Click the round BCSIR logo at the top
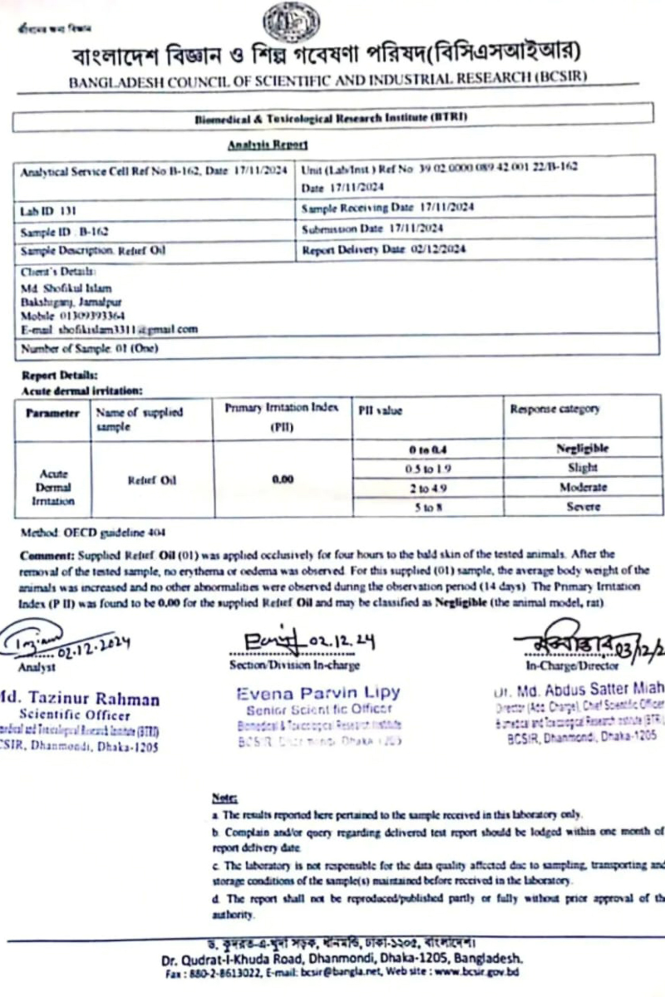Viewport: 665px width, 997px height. pyautogui.click(x=291, y=22)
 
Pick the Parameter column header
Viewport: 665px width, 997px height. pyautogui.click(x=52, y=413)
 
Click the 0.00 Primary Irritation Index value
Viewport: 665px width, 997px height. pyautogui.click(x=283, y=480)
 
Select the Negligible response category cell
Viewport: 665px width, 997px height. pyautogui.click(x=582, y=449)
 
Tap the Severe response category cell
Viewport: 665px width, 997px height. pyautogui.click(x=582, y=506)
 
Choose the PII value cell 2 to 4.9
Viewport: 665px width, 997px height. pyautogui.click(x=429, y=488)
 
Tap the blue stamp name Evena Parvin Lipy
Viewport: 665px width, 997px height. pyautogui.click(x=318, y=692)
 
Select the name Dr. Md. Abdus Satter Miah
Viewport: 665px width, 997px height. pyautogui.click(x=579, y=689)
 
